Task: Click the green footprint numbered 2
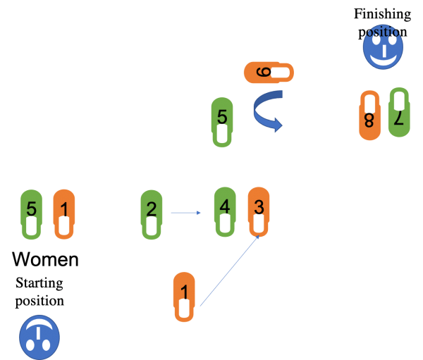click(152, 214)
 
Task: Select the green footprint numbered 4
click(225, 211)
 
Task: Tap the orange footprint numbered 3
click(259, 211)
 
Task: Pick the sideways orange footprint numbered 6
click(269, 73)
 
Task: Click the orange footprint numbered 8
click(369, 115)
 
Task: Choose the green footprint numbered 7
click(399, 112)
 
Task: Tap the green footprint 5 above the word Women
click(31, 214)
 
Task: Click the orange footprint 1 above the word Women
click(64, 214)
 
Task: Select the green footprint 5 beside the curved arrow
click(222, 122)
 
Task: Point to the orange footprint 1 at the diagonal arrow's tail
click(184, 297)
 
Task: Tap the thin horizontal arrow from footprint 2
click(185, 213)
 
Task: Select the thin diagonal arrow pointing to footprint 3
click(230, 271)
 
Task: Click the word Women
click(45, 259)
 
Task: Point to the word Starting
click(39, 283)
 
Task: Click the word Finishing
click(383, 14)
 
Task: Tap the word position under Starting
click(39, 301)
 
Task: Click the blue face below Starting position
click(39, 337)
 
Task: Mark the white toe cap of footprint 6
click(281, 73)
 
